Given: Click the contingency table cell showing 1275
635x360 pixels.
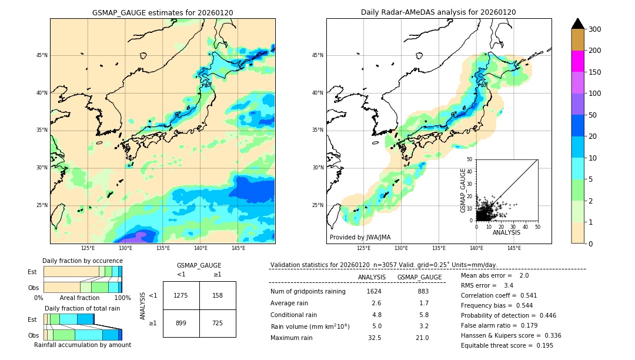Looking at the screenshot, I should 181,295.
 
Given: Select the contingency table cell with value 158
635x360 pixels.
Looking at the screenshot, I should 218,295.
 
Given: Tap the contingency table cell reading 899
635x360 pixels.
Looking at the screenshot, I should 181,323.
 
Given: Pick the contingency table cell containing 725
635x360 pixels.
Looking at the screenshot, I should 218,323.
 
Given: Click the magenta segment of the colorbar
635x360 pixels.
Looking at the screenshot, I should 578,61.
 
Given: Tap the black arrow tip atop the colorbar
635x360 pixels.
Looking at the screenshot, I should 578,23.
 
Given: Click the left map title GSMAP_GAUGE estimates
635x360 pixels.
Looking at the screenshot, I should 162,12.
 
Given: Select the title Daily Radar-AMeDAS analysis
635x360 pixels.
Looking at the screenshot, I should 439,12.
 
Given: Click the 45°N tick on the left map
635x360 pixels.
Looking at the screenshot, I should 42,55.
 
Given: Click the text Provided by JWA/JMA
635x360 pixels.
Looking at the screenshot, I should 360,238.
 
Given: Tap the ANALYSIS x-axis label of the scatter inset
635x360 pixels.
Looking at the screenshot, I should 506,232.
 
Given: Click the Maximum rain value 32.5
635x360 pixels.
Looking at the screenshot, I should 374,338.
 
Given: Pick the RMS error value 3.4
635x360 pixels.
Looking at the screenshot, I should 509,286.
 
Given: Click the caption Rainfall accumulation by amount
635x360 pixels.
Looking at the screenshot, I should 82,345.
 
